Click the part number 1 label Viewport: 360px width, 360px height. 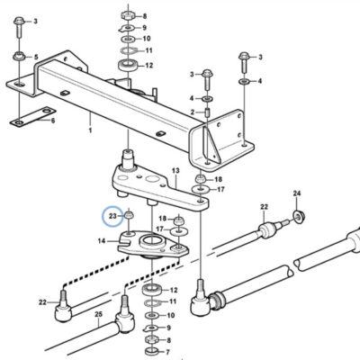[x=90, y=130]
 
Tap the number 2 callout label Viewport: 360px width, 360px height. [x=193, y=112]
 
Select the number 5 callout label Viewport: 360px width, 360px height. [x=36, y=57]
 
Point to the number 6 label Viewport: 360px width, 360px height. [x=53, y=121]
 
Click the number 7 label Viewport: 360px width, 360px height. [x=167, y=352]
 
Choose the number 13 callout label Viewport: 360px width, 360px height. [x=175, y=171]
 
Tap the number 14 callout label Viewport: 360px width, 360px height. [x=102, y=240]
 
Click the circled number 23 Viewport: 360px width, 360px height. [x=112, y=216]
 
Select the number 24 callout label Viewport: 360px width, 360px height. [x=297, y=193]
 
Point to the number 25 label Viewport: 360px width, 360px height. [x=98, y=314]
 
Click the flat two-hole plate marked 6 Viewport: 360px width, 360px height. [x=33, y=117]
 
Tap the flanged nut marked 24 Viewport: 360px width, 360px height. [x=298, y=216]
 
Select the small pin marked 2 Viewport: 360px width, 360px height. [x=207, y=114]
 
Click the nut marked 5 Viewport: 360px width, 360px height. [x=19, y=57]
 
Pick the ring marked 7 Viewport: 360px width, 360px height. [x=151, y=351]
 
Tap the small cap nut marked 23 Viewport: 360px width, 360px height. [x=129, y=215]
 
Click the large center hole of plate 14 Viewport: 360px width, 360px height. [x=152, y=240]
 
